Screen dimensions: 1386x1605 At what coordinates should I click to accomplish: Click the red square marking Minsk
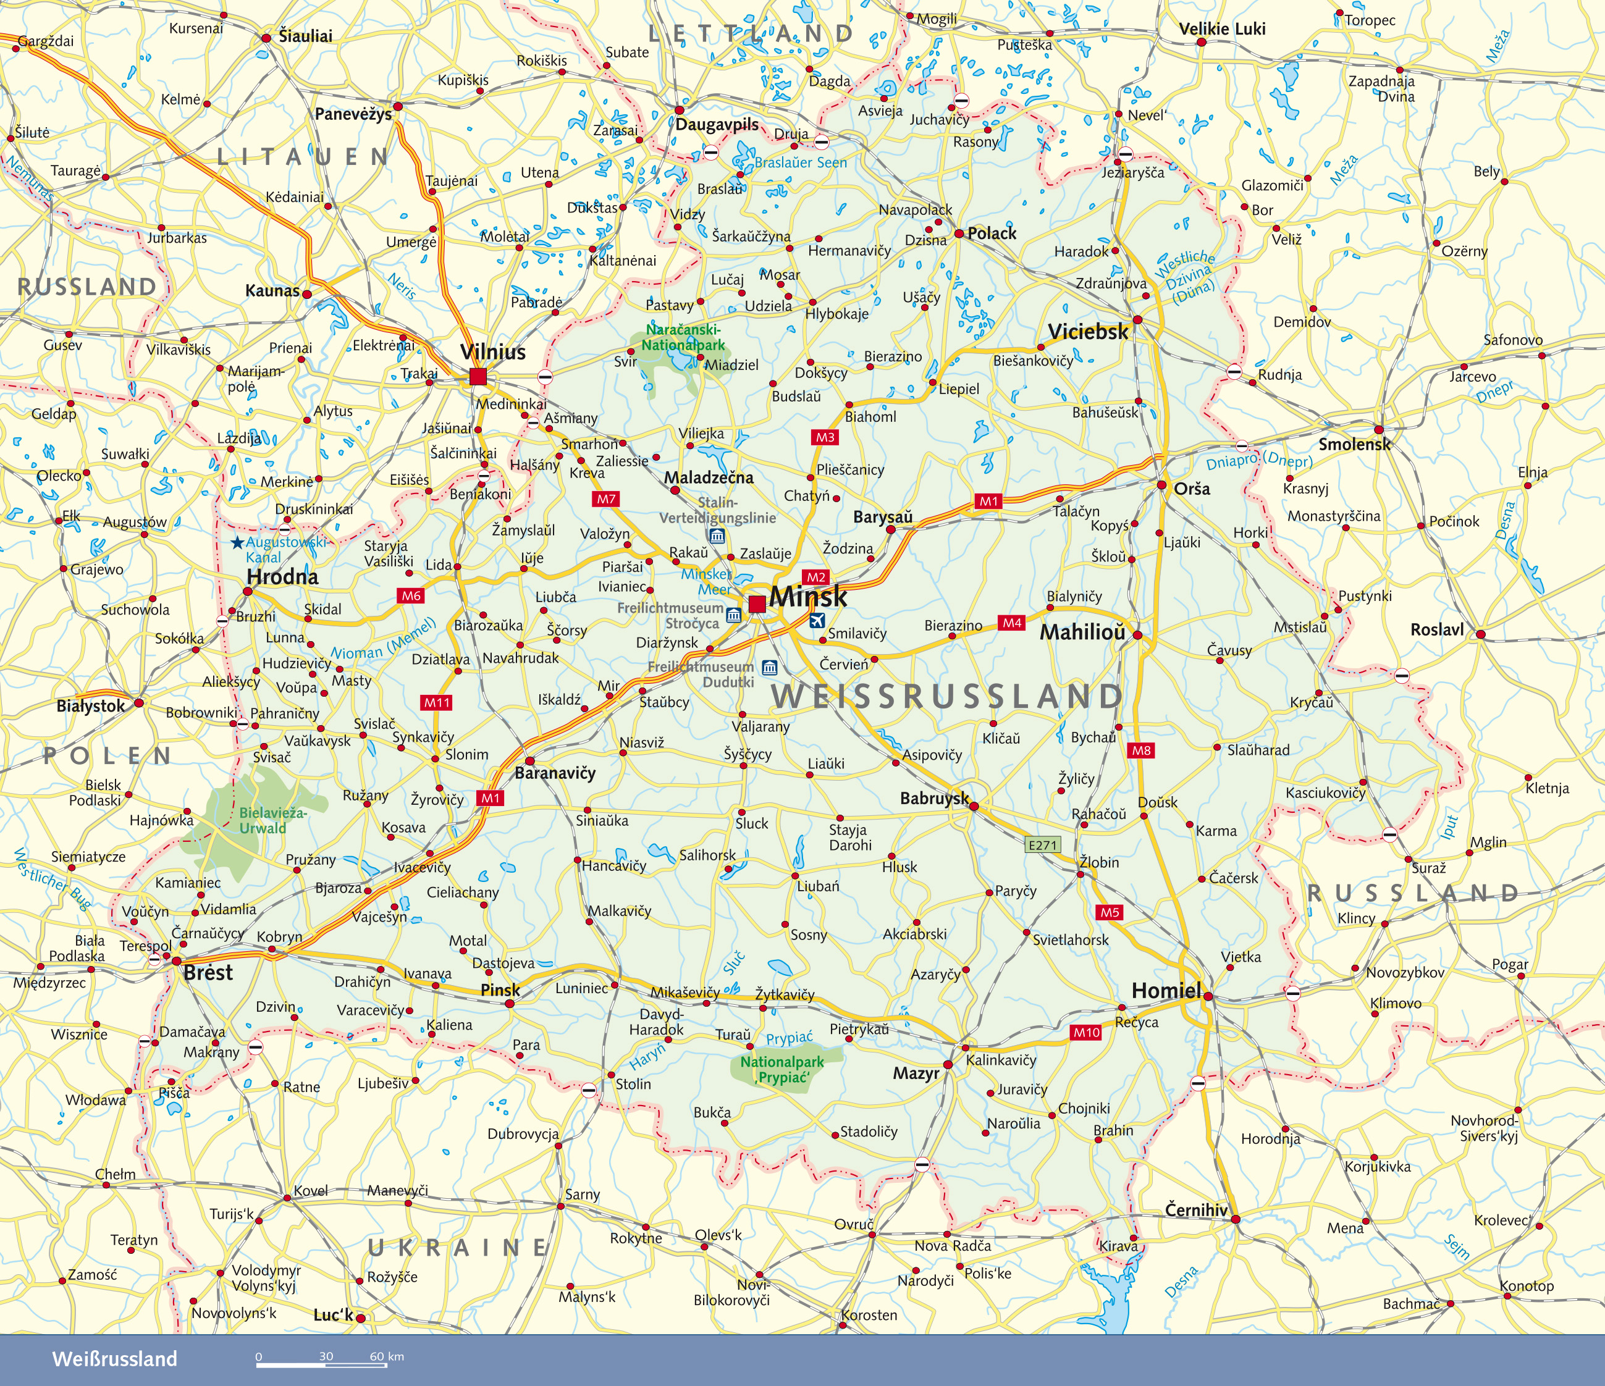(757, 604)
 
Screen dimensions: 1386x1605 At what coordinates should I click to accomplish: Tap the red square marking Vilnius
(478, 377)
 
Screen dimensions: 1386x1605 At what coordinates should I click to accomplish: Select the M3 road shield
(825, 437)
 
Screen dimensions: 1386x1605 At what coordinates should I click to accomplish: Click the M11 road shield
(437, 703)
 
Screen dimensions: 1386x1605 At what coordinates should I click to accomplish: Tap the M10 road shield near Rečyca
(1086, 1032)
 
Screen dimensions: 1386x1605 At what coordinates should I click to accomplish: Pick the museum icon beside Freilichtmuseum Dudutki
(769, 668)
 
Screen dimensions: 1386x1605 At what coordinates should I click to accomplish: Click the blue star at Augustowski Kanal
(237, 542)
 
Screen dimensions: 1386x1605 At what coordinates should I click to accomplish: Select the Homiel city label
(1166, 990)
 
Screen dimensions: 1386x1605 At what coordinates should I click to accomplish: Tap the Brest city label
(208, 973)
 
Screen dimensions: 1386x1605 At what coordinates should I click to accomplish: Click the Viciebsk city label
(1087, 332)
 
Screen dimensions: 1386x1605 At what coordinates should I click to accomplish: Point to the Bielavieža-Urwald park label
(272, 821)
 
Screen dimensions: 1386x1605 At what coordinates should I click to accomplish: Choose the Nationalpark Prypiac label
(781, 1069)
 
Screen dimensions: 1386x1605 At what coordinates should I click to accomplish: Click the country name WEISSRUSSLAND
(946, 697)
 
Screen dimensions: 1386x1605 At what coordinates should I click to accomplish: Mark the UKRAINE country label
(458, 1248)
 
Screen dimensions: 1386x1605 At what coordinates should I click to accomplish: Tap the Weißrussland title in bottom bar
(115, 1359)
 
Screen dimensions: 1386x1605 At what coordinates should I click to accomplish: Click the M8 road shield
(1141, 750)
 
